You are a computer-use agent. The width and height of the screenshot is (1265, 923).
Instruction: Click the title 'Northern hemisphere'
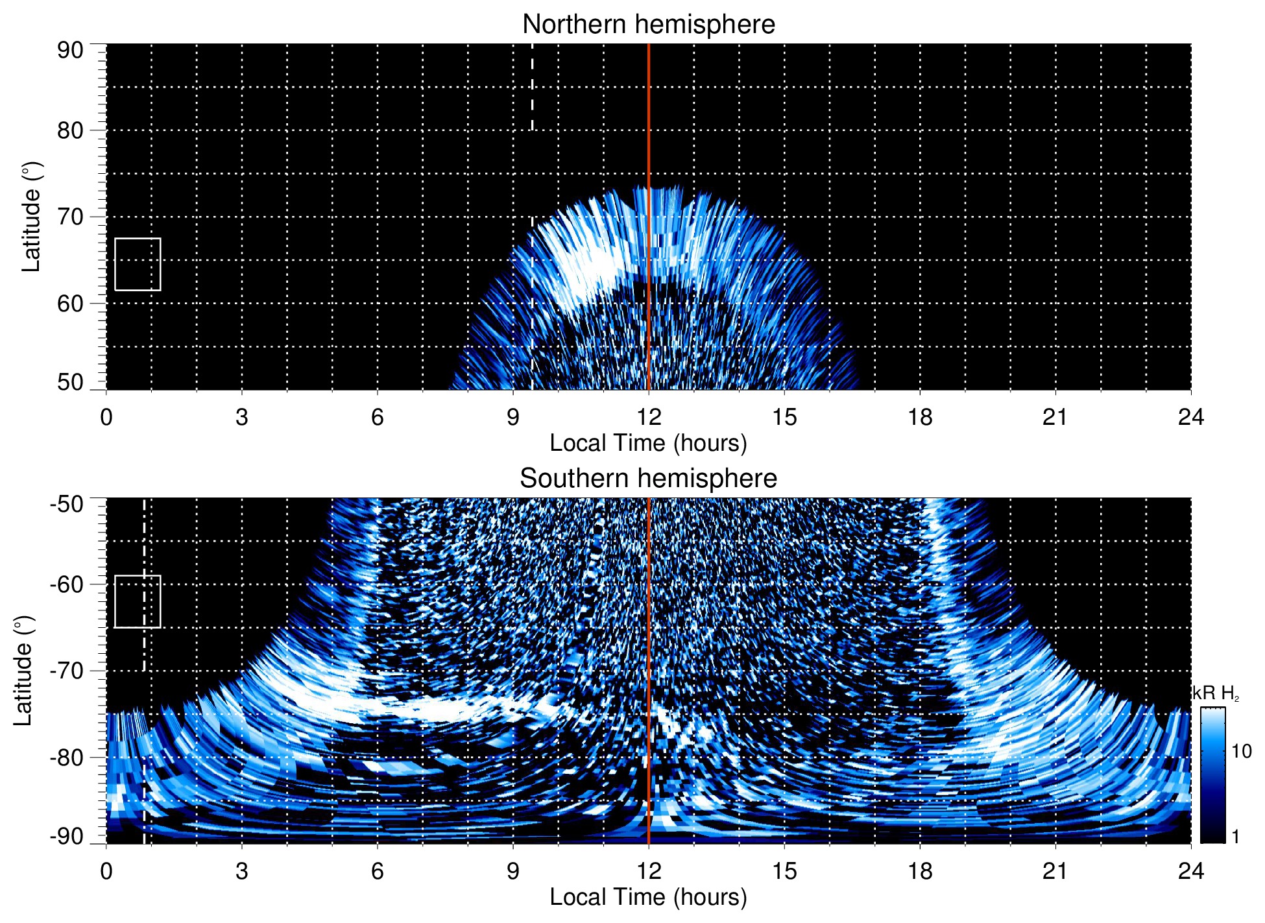tap(648, 25)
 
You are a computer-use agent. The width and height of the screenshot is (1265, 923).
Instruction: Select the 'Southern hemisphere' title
tap(648, 479)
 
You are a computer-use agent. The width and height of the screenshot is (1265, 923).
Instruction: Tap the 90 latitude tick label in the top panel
tap(70, 51)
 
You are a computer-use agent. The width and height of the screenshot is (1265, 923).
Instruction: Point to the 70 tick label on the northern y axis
tap(70, 217)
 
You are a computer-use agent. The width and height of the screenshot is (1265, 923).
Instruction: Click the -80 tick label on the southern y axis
tap(67, 757)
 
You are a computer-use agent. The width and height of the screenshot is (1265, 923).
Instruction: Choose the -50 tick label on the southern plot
tap(67, 504)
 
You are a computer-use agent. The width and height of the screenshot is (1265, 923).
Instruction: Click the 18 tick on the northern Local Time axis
tap(920, 417)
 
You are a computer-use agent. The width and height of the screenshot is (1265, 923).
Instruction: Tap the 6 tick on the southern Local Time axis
tap(377, 871)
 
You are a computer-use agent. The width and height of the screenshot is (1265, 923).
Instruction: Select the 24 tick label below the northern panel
tap(1190, 417)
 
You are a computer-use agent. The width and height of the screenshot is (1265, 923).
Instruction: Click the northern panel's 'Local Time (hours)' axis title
tap(648, 443)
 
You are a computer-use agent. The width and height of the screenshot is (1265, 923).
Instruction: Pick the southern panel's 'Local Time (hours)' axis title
tap(648, 897)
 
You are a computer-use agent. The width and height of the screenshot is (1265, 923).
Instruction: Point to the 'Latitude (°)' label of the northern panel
tap(31, 217)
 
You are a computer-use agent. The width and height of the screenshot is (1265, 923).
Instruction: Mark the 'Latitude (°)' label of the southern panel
tap(23, 671)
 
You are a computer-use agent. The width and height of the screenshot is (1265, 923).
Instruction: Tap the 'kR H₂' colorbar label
tap(1216, 693)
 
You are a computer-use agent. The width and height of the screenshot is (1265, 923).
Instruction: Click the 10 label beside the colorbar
tap(1241, 752)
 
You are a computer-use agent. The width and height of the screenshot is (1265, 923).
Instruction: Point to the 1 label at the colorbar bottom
tap(1235, 837)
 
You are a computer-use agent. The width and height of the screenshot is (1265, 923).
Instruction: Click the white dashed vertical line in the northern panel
tap(532, 88)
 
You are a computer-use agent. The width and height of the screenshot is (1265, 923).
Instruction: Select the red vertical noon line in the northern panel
tap(649, 130)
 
